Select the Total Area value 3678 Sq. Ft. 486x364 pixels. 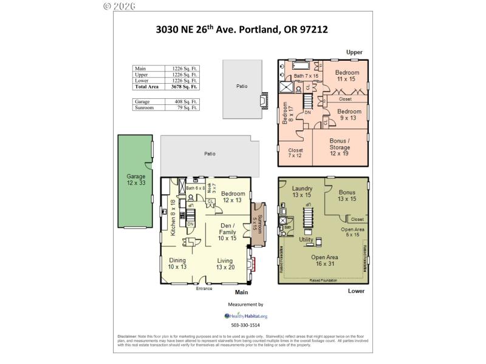point(186,87)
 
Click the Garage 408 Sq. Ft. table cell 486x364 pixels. point(186,101)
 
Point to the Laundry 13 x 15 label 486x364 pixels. point(302,192)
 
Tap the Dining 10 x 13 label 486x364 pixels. point(178,263)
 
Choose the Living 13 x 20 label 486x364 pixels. point(225,263)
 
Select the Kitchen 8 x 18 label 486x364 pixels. point(173,217)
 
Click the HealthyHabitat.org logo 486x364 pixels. point(245,315)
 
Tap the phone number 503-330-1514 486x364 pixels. point(245,326)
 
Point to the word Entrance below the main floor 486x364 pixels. point(204,289)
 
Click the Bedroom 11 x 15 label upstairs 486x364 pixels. point(347,76)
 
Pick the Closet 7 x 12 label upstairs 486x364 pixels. point(295,153)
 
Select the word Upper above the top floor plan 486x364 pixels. point(354,52)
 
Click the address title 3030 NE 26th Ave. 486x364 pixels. point(241,29)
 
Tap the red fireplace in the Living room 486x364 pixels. point(254,264)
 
